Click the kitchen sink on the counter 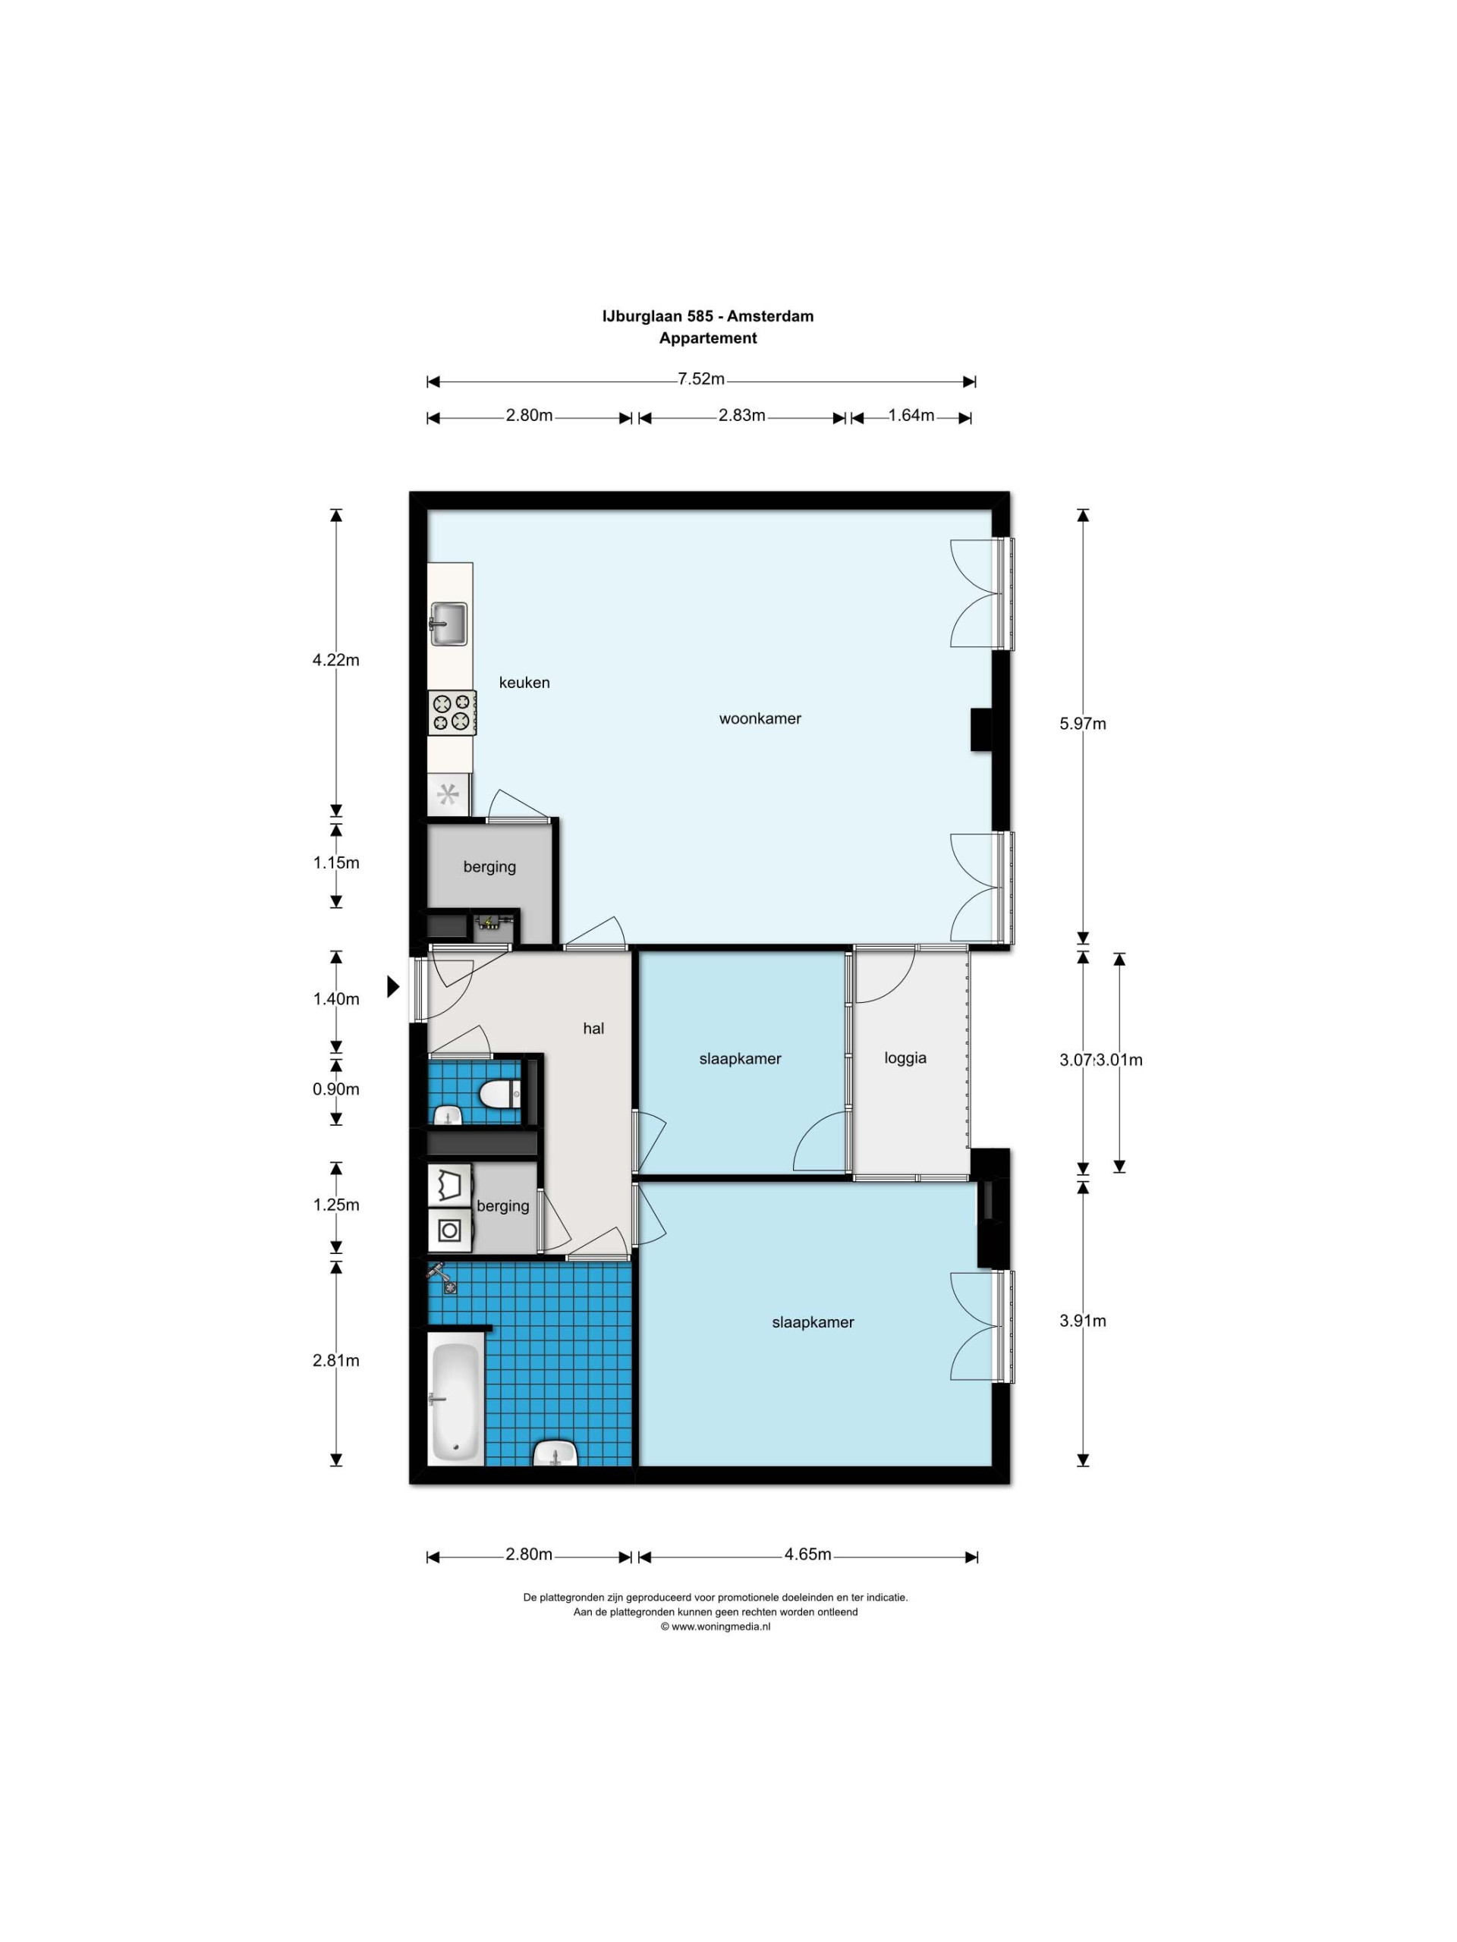tap(448, 624)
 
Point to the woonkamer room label tap(760, 718)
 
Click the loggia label tap(905, 1059)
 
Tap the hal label tap(593, 1029)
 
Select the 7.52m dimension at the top tap(701, 379)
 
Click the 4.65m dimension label tap(808, 1579)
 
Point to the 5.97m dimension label tap(1083, 724)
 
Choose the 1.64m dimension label tap(911, 415)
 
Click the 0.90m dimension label tap(336, 1089)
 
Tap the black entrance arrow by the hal tap(393, 987)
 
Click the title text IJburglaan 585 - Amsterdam tap(708, 316)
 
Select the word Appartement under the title tap(708, 339)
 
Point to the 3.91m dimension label tap(1083, 1321)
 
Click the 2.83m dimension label tap(742, 415)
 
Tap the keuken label tap(524, 682)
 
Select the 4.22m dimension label tap(336, 660)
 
